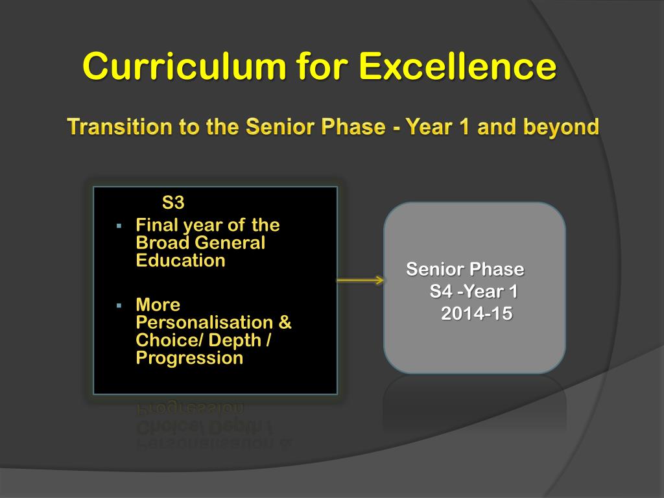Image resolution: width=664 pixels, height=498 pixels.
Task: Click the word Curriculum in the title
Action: [x=184, y=66]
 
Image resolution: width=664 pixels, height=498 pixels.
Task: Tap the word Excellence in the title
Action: [x=457, y=66]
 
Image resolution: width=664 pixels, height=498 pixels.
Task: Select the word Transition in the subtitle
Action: [x=119, y=126]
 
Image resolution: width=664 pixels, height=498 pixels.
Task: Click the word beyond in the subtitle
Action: [x=561, y=126]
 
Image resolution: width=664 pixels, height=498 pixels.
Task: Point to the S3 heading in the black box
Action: [x=173, y=202]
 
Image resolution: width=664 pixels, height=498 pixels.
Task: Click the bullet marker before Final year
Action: [x=119, y=226]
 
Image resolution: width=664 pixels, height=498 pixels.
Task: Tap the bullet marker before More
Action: [x=119, y=305]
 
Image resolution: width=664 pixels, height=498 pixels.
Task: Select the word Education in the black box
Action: [x=180, y=261]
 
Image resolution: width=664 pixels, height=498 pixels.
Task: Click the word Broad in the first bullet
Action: [x=162, y=243]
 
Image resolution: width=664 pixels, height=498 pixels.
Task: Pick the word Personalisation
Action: [x=204, y=322]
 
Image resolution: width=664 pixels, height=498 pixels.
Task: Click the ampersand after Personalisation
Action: [x=285, y=322]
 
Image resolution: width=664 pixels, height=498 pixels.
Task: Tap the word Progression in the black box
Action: [x=190, y=358]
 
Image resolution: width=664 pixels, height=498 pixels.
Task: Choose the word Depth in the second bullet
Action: [x=235, y=340]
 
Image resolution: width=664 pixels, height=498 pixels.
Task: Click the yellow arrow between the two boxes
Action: [x=361, y=280]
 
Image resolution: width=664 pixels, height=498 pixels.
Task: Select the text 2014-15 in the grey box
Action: [x=477, y=314]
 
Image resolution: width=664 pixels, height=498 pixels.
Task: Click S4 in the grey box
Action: [x=441, y=291]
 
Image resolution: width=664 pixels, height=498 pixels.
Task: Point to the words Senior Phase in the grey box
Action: [x=466, y=269]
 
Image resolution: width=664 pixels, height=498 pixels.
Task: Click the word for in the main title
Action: [x=322, y=66]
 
